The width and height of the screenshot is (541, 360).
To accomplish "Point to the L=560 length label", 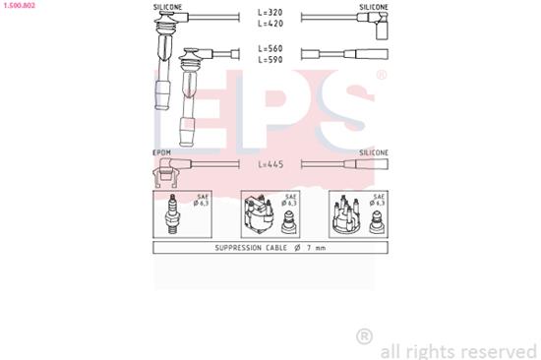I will [270, 48].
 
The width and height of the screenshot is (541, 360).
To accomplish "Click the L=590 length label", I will [270, 59].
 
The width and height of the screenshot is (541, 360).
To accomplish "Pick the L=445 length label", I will [270, 164].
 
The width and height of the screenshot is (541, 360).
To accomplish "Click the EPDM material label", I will [162, 153].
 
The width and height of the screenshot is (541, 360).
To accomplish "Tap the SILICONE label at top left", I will [167, 6].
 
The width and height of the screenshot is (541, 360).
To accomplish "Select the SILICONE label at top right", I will [373, 6].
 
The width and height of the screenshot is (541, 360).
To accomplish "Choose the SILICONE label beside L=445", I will [373, 153].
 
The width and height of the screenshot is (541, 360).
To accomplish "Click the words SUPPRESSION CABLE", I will [251, 249].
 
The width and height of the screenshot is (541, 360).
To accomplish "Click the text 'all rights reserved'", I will [457, 349].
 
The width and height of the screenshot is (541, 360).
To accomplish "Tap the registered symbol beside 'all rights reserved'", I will [364, 336].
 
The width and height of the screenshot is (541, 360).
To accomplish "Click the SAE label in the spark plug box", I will [203, 197].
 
